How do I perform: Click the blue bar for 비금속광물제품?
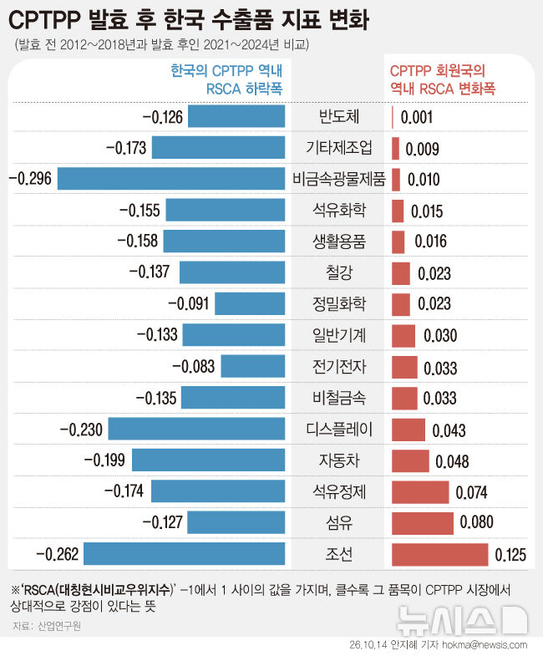171,179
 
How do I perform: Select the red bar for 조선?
439,554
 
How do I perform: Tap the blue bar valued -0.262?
184,553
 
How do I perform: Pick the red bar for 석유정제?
420,492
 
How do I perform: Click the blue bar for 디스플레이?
196,429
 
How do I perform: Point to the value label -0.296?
30,179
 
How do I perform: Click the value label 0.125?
510,555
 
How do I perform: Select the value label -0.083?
193,367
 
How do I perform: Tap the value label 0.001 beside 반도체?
416,118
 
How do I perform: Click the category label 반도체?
339,116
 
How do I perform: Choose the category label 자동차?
339,460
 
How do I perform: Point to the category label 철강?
339,272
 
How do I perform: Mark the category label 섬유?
339,522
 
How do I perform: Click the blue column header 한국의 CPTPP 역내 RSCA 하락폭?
226,79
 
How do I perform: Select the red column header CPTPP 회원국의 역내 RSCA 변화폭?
443,79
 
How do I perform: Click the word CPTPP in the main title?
44,20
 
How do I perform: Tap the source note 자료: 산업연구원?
47,626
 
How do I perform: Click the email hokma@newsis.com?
485,645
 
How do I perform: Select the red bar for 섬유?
423,523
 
